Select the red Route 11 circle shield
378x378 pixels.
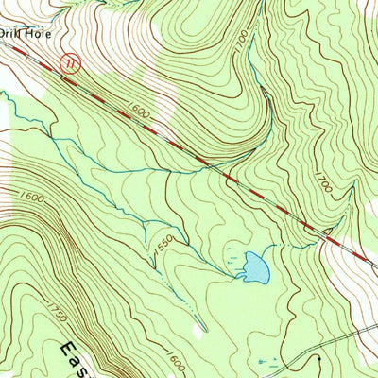click(x=66, y=62)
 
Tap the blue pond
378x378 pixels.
click(x=252, y=268)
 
